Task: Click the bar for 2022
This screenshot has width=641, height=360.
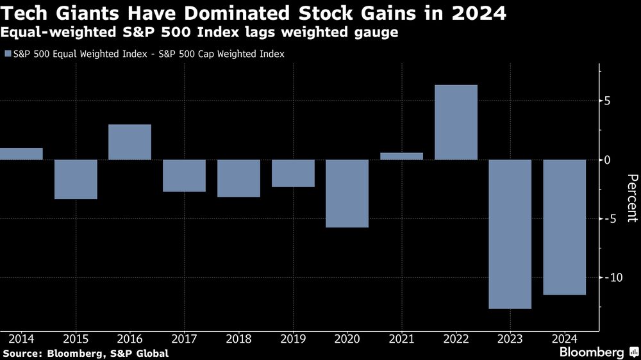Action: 456,122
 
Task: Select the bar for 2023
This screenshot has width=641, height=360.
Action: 510,234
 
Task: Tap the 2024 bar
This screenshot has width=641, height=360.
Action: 565,227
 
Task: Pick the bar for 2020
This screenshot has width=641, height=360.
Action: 347,193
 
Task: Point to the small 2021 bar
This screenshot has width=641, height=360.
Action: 401,156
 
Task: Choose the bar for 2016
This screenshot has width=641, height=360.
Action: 129,142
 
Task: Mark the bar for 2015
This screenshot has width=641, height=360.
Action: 75,179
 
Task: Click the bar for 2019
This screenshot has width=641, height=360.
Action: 292,173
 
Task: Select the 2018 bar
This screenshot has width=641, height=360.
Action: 238,178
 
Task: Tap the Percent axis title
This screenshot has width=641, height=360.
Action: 632,198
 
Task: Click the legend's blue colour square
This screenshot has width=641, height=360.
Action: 7,54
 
